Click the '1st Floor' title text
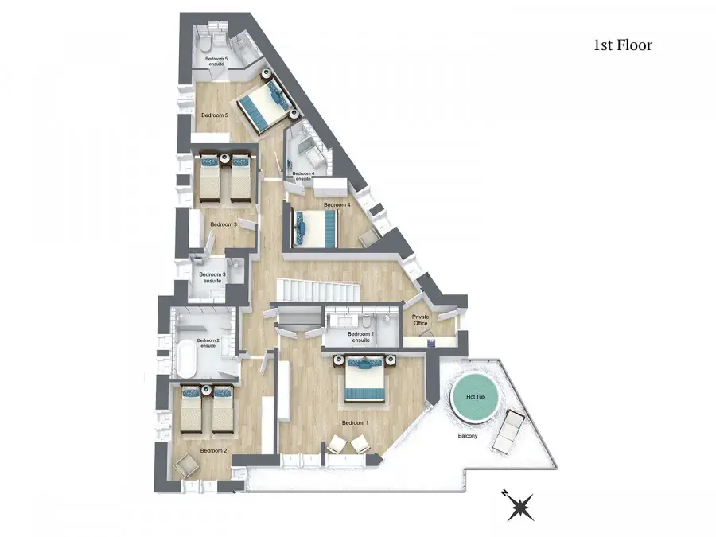click(x=623, y=45)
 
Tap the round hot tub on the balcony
click(x=475, y=397)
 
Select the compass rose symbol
click(x=520, y=506)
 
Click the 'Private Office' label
click(x=421, y=320)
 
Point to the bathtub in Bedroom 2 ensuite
click(x=187, y=357)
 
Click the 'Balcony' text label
click(x=468, y=436)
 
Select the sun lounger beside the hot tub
click(x=508, y=432)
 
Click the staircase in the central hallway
click(x=317, y=290)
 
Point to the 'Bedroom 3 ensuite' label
click(x=212, y=278)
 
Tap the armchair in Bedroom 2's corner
click(x=186, y=466)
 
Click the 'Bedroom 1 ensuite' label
click(x=360, y=337)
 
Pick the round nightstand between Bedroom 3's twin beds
click(x=224, y=158)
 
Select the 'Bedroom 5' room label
click(x=215, y=115)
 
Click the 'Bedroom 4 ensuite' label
click(x=303, y=176)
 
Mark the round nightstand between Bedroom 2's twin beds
click(x=206, y=390)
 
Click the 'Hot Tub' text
click(x=476, y=397)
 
